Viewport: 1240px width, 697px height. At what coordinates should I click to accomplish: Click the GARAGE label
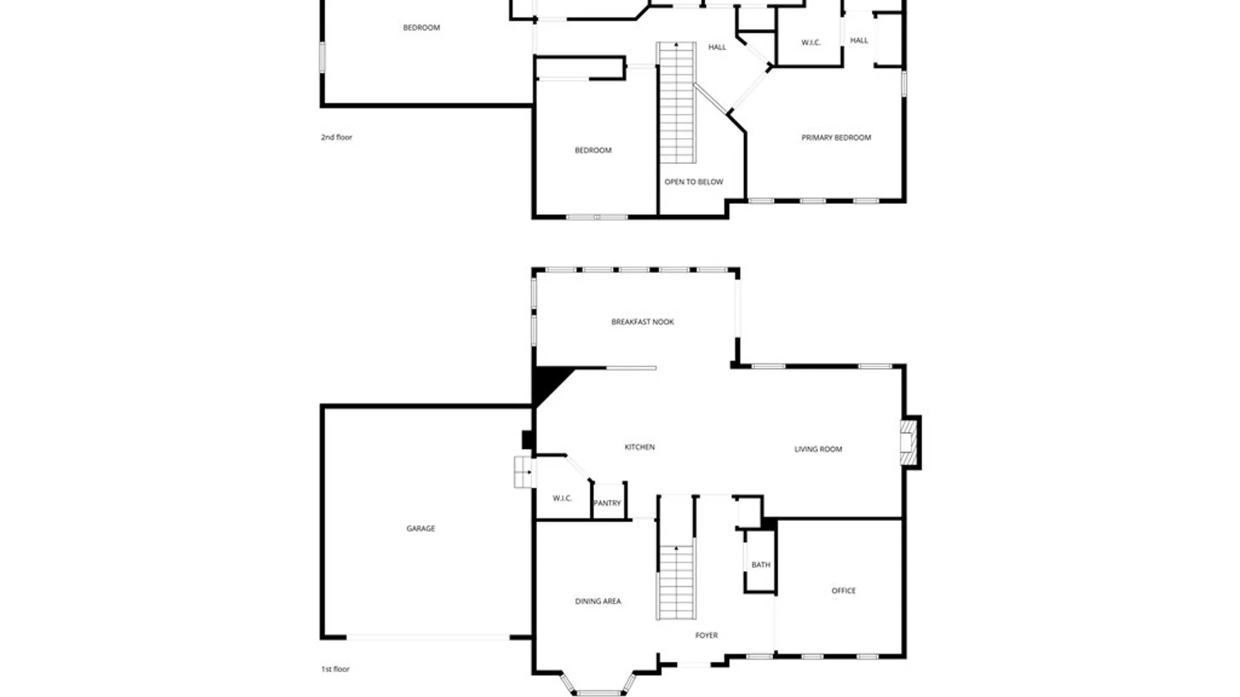click(420, 528)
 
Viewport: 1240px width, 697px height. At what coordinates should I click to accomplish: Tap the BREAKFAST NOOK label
click(642, 321)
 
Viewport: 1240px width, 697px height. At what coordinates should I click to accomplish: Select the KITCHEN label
click(639, 447)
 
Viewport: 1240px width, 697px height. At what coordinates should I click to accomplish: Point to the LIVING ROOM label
click(818, 449)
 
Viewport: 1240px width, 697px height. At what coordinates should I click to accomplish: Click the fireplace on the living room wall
click(909, 442)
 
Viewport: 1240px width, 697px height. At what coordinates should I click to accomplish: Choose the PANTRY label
click(607, 503)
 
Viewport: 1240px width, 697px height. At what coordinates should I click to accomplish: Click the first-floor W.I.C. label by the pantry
click(562, 498)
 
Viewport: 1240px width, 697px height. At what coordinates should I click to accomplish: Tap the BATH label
click(761, 565)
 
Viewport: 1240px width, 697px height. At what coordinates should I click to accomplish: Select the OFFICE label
click(843, 591)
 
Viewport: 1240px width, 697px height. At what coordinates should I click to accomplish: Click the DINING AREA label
click(597, 601)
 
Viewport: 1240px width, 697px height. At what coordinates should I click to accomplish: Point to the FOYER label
click(706, 635)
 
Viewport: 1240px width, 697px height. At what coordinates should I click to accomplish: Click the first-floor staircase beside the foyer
click(676, 581)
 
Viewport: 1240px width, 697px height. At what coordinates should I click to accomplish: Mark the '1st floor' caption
click(335, 669)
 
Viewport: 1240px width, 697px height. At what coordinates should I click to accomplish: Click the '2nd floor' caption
click(336, 137)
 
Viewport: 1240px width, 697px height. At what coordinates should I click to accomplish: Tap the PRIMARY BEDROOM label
click(836, 137)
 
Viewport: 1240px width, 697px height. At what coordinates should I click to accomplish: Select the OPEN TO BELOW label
click(694, 182)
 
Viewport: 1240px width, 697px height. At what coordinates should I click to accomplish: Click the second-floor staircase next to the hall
click(676, 103)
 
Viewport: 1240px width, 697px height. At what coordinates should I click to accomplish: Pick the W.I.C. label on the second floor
click(811, 43)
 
